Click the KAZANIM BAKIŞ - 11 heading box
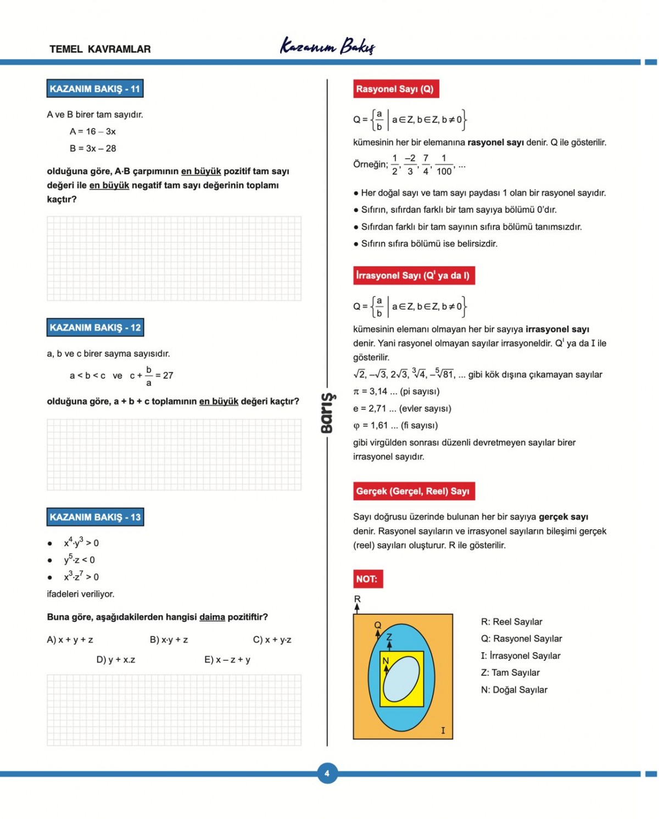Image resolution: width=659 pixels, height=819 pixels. [95, 88]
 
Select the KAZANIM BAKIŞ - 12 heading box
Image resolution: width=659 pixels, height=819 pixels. [95, 327]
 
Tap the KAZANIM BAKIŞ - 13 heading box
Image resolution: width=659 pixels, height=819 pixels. [95, 517]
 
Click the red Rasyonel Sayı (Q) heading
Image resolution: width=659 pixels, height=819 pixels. [395, 89]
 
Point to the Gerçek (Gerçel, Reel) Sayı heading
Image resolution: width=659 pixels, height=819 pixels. [413, 491]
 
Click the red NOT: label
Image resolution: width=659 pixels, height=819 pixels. [367, 579]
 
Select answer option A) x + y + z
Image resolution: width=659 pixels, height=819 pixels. [70, 640]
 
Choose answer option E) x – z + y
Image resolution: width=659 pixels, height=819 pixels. [227, 659]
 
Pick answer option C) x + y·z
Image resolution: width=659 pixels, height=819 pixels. [272, 640]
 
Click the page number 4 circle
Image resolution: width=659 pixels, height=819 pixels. [327, 773]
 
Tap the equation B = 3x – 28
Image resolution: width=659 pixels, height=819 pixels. [93, 148]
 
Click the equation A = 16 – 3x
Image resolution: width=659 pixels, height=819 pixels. [93, 131]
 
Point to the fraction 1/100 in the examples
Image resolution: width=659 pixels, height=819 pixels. [444, 165]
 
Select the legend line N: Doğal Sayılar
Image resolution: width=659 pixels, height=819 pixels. [514, 689]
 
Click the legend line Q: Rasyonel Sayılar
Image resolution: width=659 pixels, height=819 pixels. [521, 638]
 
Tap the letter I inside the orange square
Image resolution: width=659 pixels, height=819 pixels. [443, 730]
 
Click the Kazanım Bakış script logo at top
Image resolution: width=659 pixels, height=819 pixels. [328, 46]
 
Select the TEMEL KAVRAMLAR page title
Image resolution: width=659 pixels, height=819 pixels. [100, 49]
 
